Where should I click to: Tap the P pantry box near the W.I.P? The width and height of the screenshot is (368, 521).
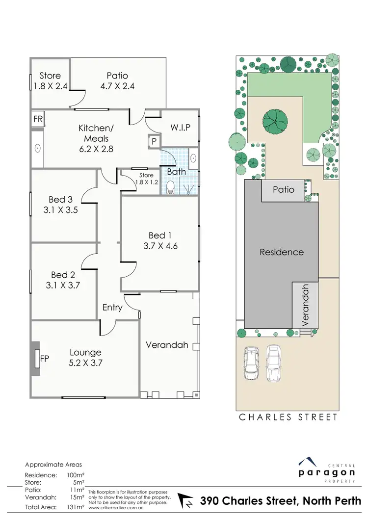[x=154, y=141]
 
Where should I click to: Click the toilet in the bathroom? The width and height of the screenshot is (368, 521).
[x=170, y=187]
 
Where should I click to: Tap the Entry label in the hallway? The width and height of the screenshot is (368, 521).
[x=112, y=308]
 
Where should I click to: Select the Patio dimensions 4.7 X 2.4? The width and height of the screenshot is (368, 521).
[x=117, y=86]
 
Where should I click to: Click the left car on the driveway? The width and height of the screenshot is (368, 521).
[x=251, y=363]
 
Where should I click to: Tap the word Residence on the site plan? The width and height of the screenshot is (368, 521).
[x=282, y=252]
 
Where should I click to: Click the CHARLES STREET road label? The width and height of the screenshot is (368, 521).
[x=288, y=417]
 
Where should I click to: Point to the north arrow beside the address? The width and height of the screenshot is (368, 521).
[x=186, y=501]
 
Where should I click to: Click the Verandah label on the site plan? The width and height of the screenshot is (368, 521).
[x=305, y=305]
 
